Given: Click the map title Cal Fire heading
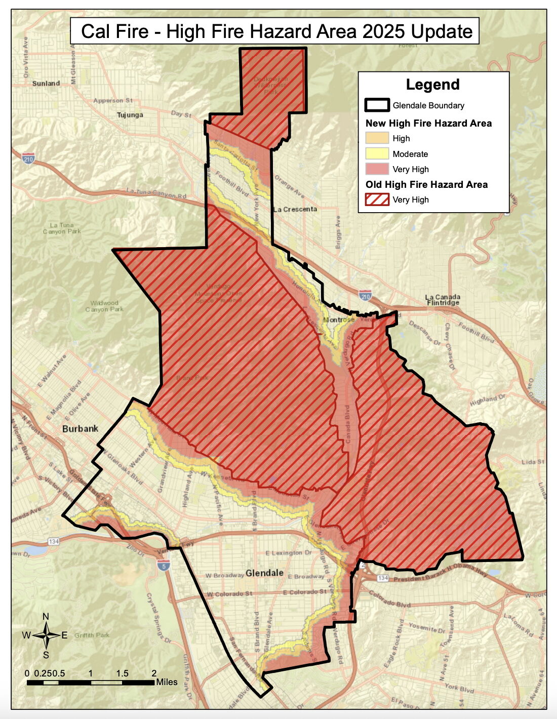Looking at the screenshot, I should [x=276, y=31].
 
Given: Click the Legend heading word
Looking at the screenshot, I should [x=432, y=85].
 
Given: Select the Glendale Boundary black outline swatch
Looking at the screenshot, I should [x=377, y=105].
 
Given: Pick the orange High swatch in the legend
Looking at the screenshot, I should [x=377, y=138].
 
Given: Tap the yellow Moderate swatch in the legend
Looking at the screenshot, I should [x=377, y=154].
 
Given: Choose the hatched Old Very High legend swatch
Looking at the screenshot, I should [x=377, y=199].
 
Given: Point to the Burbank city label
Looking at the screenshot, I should [x=80, y=429].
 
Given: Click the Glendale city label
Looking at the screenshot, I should [x=264, y=573].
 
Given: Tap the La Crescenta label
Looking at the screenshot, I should [x=295, y=209].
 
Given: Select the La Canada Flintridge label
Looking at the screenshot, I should [x=443, y=300].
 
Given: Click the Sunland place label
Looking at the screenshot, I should [x=46, y=84].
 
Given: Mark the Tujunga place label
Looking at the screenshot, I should [x=130, y=115].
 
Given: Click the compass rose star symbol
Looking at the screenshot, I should [x=46, y=635].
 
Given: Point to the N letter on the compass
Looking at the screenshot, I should [x=46, y=616].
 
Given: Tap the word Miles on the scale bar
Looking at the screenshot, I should [x=167, y=682].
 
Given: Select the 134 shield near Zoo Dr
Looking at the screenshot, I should [x=54, y=542].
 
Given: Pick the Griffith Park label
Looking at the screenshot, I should [x=92, y=635].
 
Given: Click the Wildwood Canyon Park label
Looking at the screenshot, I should [x=104, y=306].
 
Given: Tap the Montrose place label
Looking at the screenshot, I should [x=339, y=319].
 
